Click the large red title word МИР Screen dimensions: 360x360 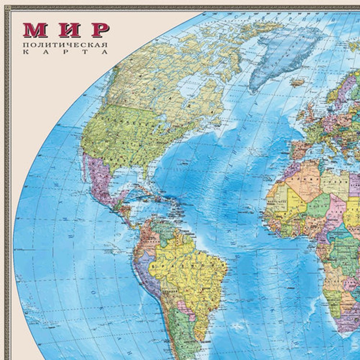(x=66, y=30)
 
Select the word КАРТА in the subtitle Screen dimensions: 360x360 (x=65, y=52)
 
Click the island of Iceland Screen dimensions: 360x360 (x=297, y=82)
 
